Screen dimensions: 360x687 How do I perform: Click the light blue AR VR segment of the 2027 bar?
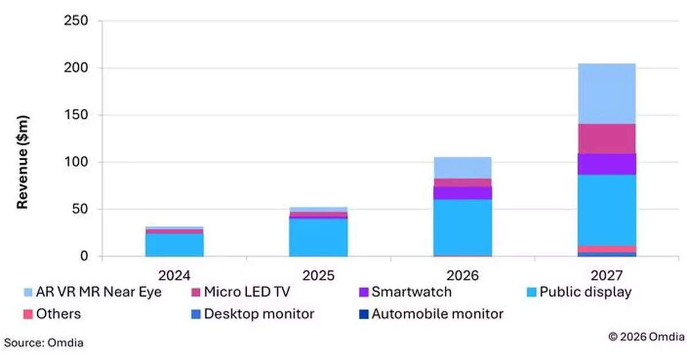click(x=607, y=93)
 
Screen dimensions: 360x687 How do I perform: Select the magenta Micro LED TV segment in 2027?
click(x=607, y=138)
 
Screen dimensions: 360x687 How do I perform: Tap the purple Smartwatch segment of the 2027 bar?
click(x=607, y=164)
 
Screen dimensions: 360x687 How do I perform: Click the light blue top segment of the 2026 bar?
click(x=462, y=167)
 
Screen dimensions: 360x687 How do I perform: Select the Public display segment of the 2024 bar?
click(x=175, y=244)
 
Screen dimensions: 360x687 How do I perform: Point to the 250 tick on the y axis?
click(x=76, y=21)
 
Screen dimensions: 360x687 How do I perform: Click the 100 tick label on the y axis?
click(x=76, y=162)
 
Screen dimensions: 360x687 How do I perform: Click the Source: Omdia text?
click(x=44, y=343)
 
